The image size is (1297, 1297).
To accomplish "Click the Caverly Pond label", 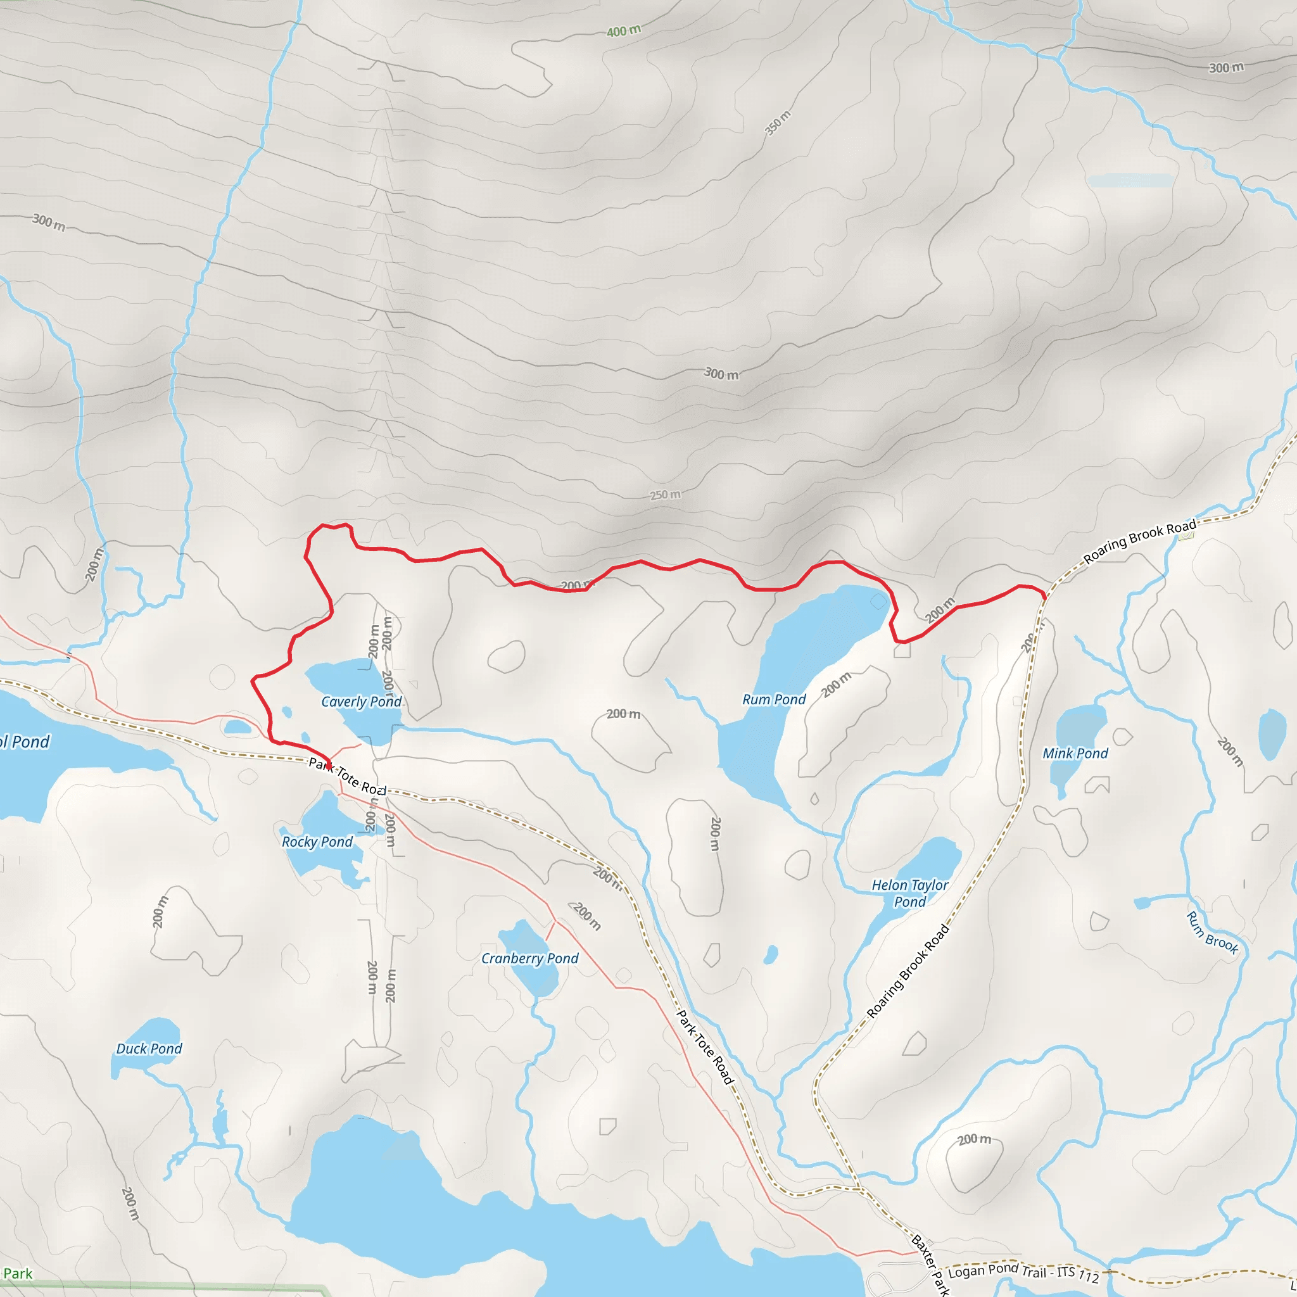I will coord(361,702).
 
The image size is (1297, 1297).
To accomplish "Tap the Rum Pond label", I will coord(774,700).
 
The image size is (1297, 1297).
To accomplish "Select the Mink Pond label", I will coord(1075,753).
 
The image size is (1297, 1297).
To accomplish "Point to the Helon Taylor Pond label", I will coord(909,894).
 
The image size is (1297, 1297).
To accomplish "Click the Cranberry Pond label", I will coord(529,959).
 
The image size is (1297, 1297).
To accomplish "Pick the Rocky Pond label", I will coord(317,842).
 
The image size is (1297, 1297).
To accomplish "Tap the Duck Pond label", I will coord(149,1049).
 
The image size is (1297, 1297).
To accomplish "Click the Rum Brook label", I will coord(1212,932).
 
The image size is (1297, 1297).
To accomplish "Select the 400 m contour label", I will coord(624,31).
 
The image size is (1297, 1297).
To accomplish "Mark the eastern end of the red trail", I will coord(1044,595).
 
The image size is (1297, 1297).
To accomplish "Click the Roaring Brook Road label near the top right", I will coord(1139,541).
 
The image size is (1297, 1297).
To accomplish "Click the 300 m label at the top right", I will coord(1226,68).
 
